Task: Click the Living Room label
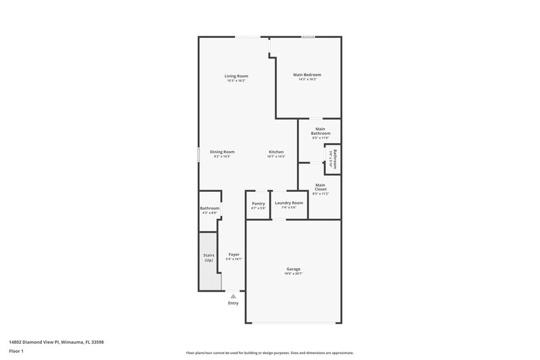pos(236,76)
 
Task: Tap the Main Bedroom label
pos(307,74)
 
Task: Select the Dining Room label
pos(222,152)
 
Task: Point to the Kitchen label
pos(276,152)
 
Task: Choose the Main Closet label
pos(321,187)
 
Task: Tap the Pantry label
pos(259,203)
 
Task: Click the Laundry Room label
pos(289,203)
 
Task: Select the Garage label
pos(293,269)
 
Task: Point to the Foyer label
pos(234,255)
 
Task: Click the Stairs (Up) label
pos(209,257)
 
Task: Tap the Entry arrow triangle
pos(234,295)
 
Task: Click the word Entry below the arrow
pos(234,303)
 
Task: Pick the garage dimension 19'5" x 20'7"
pos(293,274)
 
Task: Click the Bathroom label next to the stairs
pos(210,209)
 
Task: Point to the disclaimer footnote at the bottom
pos(269,353)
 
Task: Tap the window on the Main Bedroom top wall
pos(308,36)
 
